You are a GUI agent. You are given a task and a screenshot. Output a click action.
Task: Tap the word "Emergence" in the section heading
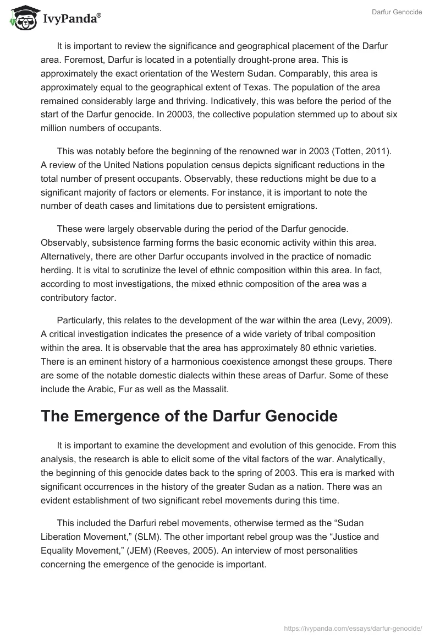[x=122, y=416]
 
